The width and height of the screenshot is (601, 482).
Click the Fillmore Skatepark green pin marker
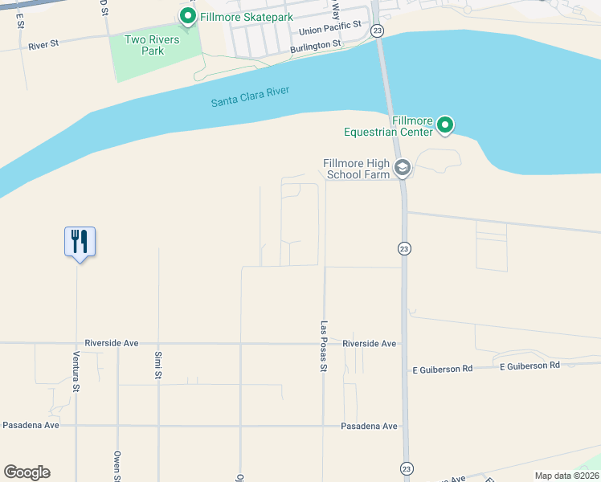[x=187, y=16]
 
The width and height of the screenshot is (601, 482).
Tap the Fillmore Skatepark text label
[x=247, y=16]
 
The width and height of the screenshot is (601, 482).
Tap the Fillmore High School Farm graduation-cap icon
[x=403, y=168]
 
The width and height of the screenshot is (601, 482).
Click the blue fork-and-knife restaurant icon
[x=80, y=241]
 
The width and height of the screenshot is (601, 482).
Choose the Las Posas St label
[x=325, y=346]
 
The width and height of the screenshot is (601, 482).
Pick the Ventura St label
[x=77, y=372]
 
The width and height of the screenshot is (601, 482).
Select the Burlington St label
[x=321, y=47]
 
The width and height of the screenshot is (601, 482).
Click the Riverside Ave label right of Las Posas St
[x=370, y=343]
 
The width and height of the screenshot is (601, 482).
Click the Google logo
[x=27, y=472]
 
